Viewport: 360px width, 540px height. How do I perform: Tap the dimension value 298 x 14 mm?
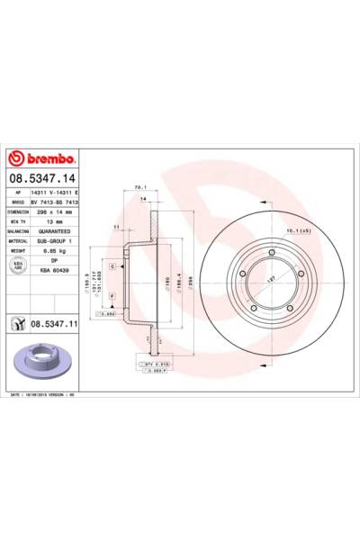pyautogui.click(x=58, y=212)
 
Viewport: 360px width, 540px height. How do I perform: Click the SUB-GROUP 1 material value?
pyautogui.click(x=58, y=242)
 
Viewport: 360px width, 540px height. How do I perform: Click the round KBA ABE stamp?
pyautogui.click(x=18, y=266)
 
